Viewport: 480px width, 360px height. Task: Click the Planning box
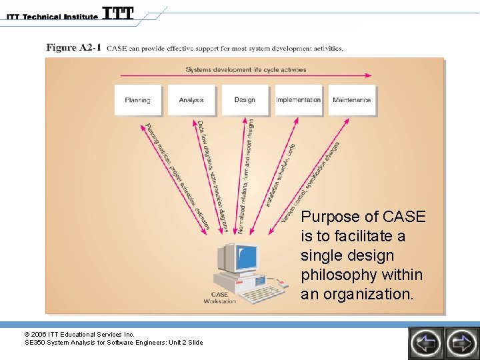pos(137,100)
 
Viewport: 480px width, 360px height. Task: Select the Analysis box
pos(191,100)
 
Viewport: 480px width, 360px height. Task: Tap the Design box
pos(245,100)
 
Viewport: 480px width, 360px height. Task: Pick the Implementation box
pos(298,100)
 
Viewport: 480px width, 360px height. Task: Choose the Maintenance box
pos(351,100)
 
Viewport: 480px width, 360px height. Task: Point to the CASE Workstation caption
pos(220,297)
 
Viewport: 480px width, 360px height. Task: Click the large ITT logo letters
pos(118,13)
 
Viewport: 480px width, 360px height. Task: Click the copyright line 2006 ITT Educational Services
pos(79,334)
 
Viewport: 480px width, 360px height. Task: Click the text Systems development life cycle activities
pos(246,69)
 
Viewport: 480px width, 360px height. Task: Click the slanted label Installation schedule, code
pos(280,175)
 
